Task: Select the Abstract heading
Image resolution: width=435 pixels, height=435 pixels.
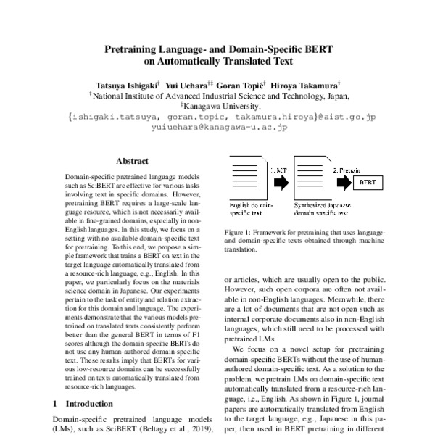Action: [x=133, y=162]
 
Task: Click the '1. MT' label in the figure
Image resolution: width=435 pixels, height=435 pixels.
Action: [x=280, y=170]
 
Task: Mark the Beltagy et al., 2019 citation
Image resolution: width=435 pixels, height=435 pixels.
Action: [x=180, y=430]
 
